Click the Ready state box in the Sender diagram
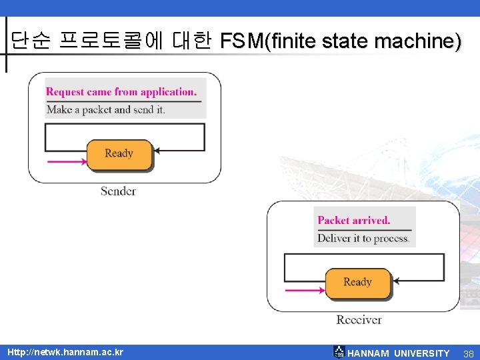119,154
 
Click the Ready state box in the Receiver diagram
357,282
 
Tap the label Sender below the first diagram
118,191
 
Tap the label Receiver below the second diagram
359,320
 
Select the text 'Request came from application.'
121,92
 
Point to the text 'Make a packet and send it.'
105,110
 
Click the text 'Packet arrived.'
354,220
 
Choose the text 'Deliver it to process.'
363,238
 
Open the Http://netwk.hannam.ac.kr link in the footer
65,352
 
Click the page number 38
467,353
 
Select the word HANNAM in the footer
369,353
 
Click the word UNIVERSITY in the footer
422,353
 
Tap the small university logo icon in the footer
339,352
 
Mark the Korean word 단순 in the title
31,41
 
